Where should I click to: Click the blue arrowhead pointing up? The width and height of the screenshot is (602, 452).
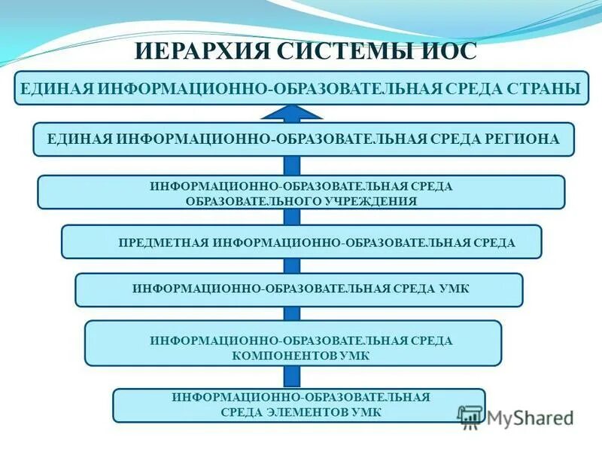click(x=292, y=113)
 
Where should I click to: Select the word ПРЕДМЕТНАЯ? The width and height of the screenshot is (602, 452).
click(x=165, y=243)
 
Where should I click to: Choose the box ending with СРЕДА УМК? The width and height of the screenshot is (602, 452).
click(x=299, y=289)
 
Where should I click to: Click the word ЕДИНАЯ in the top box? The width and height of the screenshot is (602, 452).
click(x=55, y=89)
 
